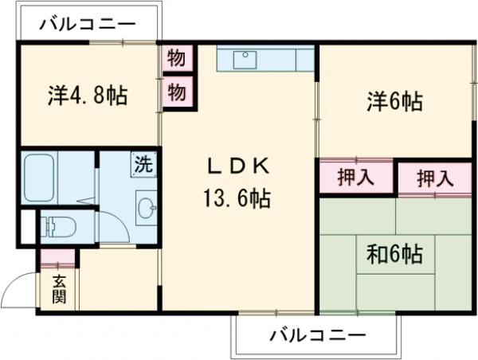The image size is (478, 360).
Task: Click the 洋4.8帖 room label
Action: point(88,97)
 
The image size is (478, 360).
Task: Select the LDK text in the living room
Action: point(239,166)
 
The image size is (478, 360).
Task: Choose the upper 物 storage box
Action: point(177,58)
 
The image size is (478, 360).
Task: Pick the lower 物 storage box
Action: point(177,92)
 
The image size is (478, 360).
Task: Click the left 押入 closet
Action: point(355,177)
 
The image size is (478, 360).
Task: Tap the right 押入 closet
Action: point(435,178)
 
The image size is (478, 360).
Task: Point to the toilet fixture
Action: point(58,227)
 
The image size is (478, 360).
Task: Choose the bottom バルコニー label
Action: point(315,335)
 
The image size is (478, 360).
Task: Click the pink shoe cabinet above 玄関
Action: point(57,258)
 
